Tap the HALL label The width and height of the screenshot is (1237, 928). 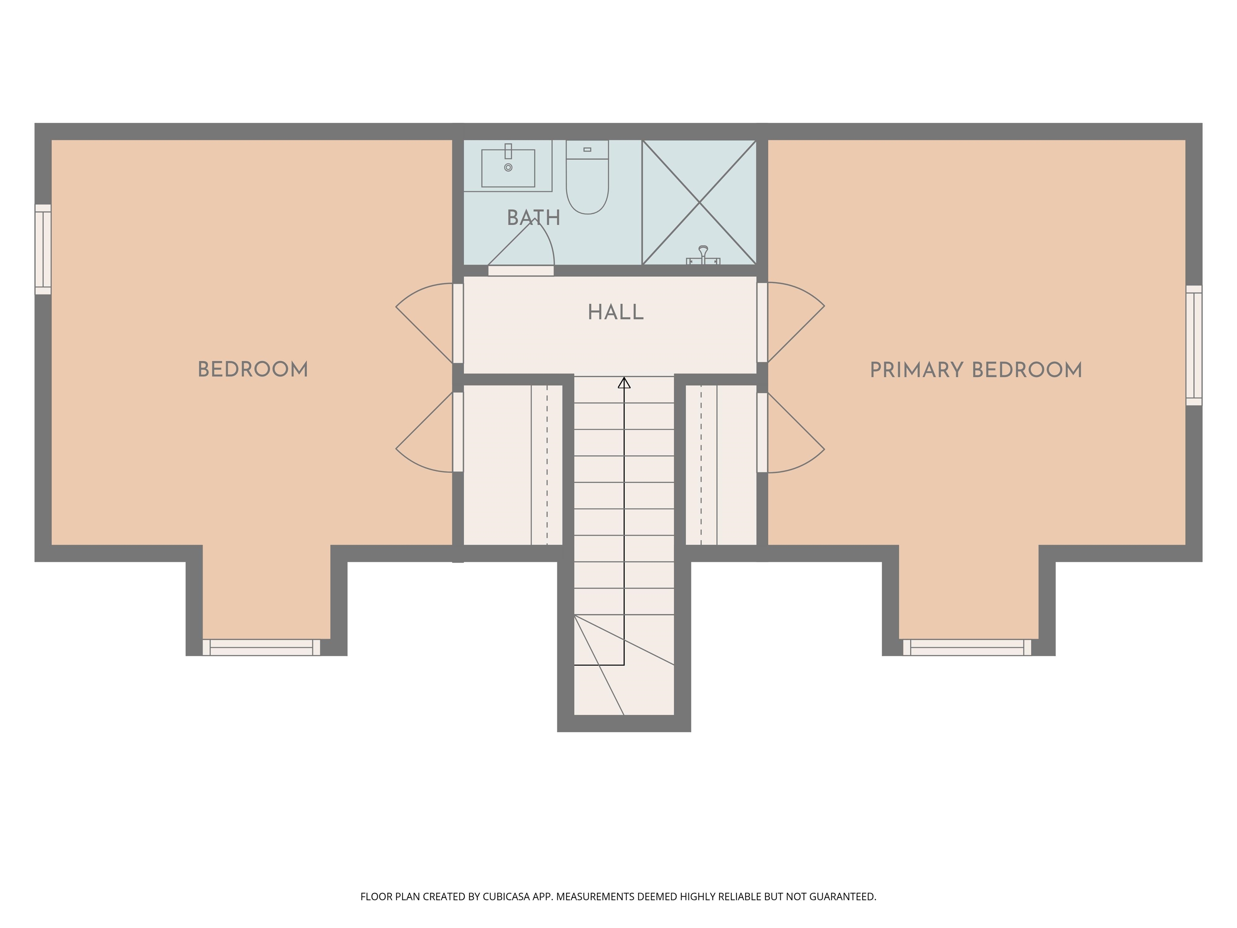point(616,312)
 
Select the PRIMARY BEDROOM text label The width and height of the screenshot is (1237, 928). point(976,370)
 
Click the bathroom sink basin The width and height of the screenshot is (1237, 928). point(508,168)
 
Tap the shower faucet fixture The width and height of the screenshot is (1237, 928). point(703,256)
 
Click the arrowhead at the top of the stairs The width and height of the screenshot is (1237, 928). point(624,383)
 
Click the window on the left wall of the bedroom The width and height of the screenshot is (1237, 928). point(43,249)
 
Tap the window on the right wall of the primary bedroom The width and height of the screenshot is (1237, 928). point(1194,345)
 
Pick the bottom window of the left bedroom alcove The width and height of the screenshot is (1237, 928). point(261,647)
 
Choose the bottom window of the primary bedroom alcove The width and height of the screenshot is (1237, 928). point(967,647)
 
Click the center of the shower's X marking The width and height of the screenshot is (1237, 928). point(699,203)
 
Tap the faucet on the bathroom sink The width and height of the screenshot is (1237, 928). point(508,151)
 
